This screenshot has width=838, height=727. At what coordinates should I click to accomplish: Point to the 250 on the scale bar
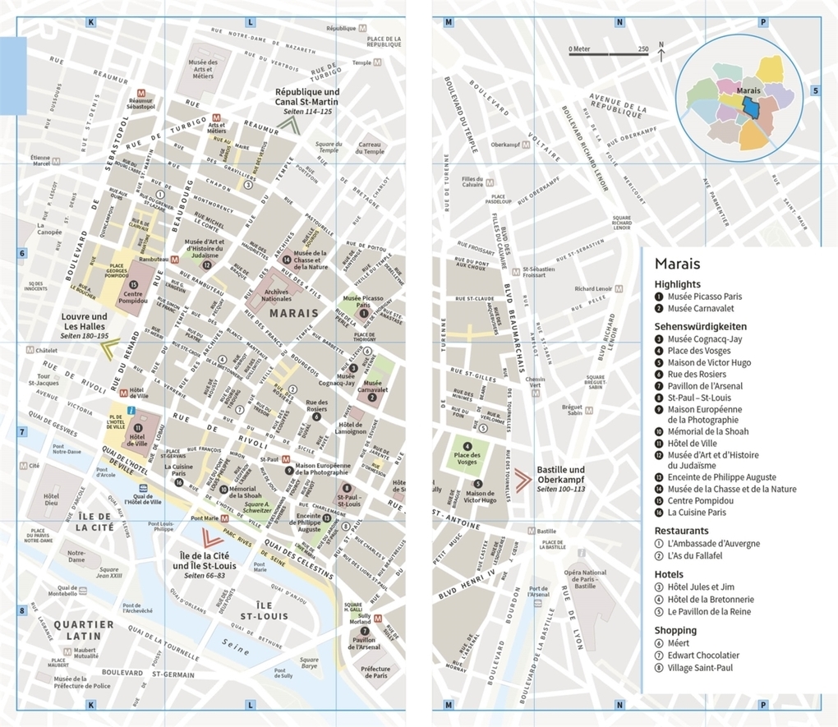click(643, 49)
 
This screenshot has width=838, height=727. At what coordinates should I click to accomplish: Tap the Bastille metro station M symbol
click(532, 531)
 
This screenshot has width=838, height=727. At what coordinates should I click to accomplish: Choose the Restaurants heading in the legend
click(681, 531)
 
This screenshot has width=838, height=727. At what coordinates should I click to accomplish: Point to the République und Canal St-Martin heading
click(307, 97)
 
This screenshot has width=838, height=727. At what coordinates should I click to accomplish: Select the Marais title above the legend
click(677, 264)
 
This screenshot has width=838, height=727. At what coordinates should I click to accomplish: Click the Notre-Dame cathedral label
click(76, 557)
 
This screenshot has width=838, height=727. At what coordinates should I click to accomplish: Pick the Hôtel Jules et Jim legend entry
click(700, 587)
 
